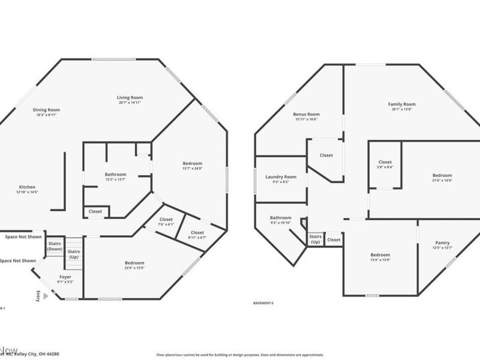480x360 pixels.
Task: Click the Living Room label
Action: (130, 97)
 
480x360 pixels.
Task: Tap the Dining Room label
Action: (46, 110)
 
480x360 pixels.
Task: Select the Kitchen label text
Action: (27, 187)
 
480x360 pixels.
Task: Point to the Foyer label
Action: (65, 277)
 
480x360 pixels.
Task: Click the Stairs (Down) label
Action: (55, 246)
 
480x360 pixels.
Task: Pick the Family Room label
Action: (401, 104)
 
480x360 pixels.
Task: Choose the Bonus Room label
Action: (306, 114)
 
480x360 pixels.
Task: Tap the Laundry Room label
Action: (281, 177)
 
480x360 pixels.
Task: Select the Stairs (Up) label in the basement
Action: (315, 239)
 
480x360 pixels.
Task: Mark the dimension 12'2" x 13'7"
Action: (116, 179)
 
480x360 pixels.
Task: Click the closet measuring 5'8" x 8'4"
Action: (385, 165)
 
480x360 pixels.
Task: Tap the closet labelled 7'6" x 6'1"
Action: (166, 222)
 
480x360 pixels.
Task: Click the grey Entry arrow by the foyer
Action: (46, 296)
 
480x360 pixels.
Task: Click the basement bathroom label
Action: (280, 218)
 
